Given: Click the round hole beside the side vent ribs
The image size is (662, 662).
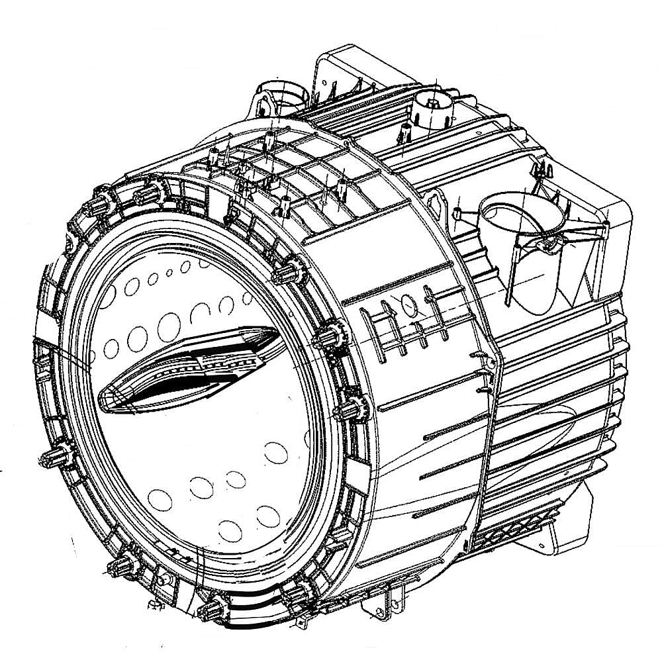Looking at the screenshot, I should pyautogui.click(x=408, y=305).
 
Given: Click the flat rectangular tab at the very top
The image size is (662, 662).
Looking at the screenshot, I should pyautogui.click(x=344, y=63).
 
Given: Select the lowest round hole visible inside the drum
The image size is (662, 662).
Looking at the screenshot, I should pyautogui.click(x=229, y=530).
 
